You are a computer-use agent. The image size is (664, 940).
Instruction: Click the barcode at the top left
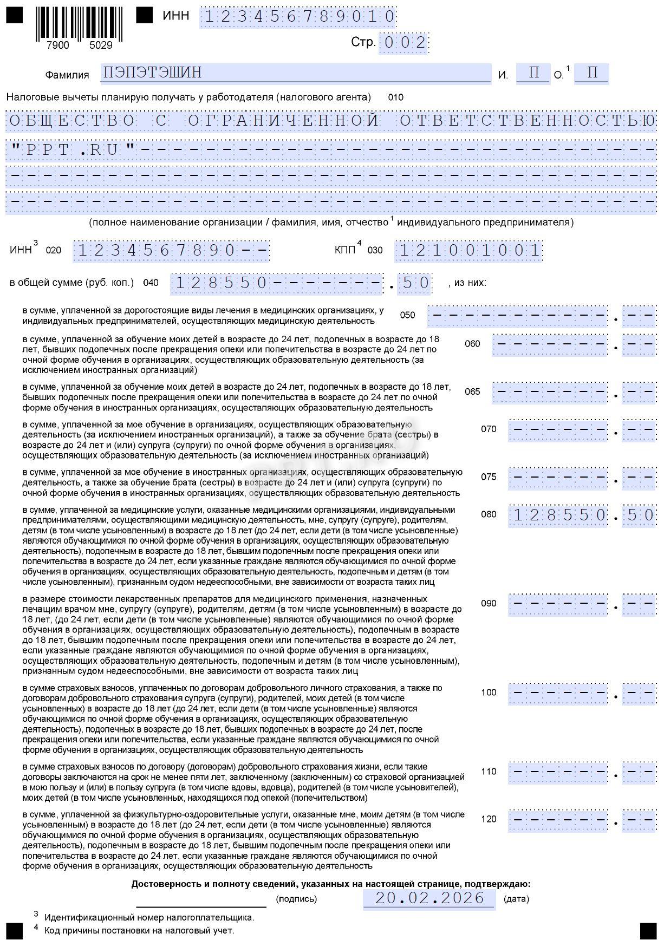point(79,24)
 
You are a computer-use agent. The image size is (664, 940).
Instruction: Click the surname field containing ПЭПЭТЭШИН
point(295,73)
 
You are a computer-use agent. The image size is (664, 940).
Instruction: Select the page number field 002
point(403,43)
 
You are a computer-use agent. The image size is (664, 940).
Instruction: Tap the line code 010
point(395,97)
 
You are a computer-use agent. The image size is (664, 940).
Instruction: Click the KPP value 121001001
point(469,251)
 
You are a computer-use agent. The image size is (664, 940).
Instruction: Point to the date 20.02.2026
point(429,898)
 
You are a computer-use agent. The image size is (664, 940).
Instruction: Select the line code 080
point(489,514)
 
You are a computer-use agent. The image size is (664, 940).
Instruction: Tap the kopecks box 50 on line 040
point(414,283)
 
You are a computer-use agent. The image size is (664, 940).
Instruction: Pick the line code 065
point(472,391)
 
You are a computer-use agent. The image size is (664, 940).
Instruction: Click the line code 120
point(489,819)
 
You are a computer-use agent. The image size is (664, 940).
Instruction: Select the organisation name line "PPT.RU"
point(331,149)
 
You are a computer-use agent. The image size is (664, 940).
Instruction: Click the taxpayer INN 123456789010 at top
point(298,17)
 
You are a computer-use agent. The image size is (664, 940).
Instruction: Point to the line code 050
point(407,315)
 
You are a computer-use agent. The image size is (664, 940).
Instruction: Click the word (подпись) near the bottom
point(296,899)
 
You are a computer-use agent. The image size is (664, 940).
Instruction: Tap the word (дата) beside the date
point(516,899)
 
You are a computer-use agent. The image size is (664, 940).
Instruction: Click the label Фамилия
point(67,75)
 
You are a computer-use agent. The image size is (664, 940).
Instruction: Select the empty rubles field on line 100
point(558,693)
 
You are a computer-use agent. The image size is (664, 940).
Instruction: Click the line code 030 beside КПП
point(375,250)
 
